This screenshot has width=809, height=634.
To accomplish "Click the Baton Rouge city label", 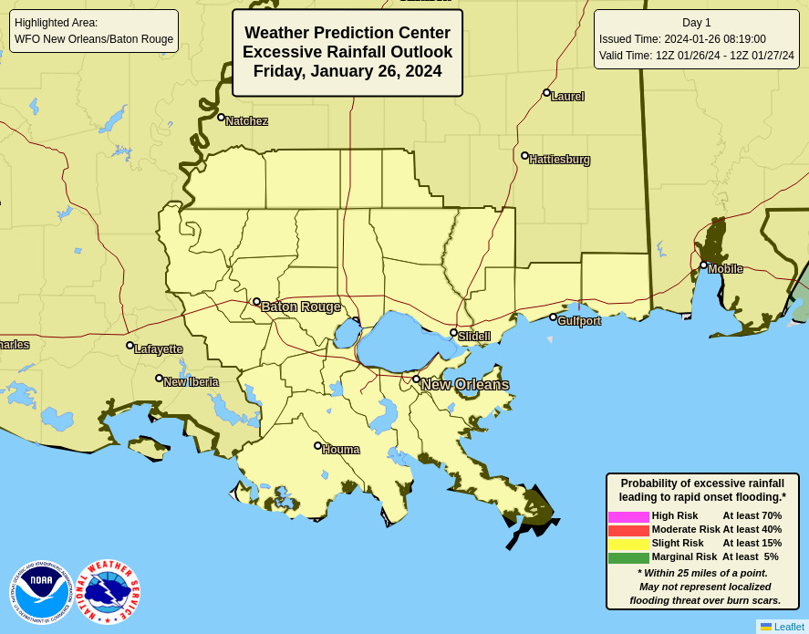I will (x=301, y=307).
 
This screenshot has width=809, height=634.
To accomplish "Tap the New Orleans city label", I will (x=464, y=384).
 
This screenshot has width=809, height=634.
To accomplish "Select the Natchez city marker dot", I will (x=221, y=117).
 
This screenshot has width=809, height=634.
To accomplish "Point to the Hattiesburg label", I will (x=559, y=160).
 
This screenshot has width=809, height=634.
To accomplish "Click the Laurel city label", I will (x=567, y=96).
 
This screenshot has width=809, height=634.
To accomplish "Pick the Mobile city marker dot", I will (x=703, y=265).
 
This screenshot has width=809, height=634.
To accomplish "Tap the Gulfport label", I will (x=578, y=320).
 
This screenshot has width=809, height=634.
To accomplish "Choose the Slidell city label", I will (x=473, y=336).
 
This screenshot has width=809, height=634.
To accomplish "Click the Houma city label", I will (x=340, y=449).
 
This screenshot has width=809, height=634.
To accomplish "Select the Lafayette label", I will (x=158, y=348).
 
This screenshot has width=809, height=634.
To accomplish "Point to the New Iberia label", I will (x=191, y=381).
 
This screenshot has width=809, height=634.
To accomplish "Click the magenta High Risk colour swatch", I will (x=628, y=516).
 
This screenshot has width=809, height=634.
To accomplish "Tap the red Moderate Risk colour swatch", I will (x=628, y=530).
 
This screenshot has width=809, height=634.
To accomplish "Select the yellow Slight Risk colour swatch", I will (x=628, y=544).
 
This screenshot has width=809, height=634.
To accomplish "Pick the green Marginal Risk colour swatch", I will (x=628, y=557).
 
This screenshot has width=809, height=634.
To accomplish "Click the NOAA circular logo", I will (x=41, y=592).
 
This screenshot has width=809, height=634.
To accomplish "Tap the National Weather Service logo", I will (x=108, y=592).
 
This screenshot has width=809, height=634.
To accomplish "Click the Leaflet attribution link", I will (x=788, y=627).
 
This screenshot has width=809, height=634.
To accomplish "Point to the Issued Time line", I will (x=682, y=39).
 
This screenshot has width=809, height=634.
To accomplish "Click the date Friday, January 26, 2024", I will (x=347, y=71).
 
